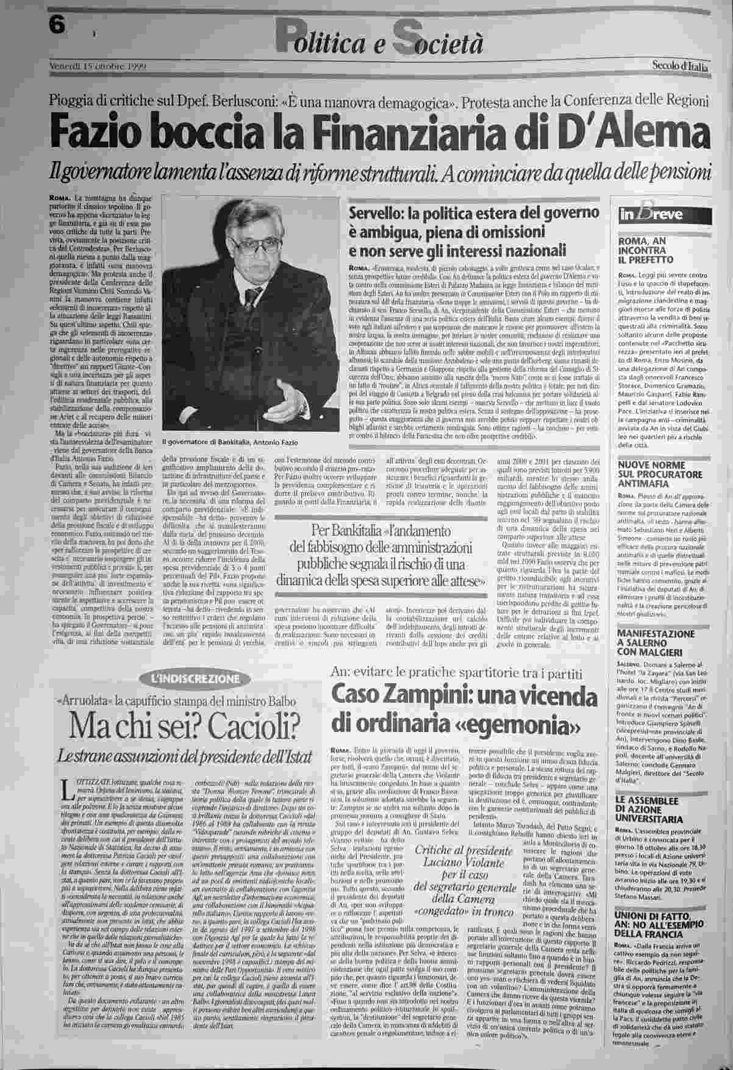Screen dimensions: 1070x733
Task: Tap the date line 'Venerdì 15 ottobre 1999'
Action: [x=98, y=65]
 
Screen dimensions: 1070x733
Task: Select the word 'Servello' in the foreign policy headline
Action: [x=376, y=214]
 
